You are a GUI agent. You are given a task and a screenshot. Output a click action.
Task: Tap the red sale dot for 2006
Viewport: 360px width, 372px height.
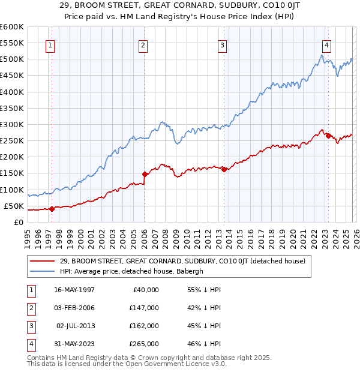(x=145, y=174)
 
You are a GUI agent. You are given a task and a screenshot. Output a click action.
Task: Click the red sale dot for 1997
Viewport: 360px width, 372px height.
(x=52, y=209)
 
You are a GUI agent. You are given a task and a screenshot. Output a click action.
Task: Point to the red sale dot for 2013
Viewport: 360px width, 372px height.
(x=223, y=169)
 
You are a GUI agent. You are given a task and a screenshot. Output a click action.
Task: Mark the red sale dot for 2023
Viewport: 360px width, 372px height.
(x=328, y=136)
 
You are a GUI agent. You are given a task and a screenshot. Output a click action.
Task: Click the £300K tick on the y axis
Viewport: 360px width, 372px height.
(x=11, y=124)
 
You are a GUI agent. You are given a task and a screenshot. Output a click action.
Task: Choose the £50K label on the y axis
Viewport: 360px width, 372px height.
(x=13, y=206)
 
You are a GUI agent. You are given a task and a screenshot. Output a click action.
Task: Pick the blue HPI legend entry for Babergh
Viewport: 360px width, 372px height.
(x=132, y=271)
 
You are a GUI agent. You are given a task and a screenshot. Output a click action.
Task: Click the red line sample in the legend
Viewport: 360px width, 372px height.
(x=43, y=261)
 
